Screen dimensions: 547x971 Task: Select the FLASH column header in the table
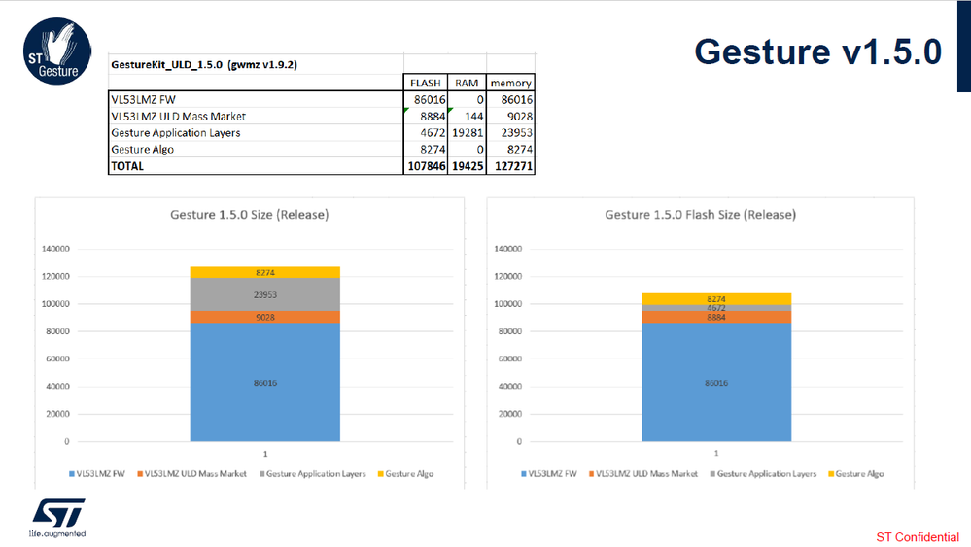click(x=426, y=83)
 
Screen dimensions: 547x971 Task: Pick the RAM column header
click(x=467, y=83)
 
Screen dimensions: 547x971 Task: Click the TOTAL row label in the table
click(x=127, y=165)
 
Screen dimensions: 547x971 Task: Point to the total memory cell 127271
click(x=511, y=165)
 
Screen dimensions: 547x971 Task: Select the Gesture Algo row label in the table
click(x=141, y=149)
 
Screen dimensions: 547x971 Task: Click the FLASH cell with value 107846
click(x=425, y=165)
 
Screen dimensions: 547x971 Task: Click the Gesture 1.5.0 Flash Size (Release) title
click(x=700, y=214)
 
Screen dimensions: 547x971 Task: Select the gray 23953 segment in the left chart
click(x=264, y=294)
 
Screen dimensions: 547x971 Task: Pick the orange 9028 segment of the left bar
click(x=264, y=316)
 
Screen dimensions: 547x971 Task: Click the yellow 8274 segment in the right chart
click(x=715, y=299)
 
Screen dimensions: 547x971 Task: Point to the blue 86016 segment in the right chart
click(x=715, y=382)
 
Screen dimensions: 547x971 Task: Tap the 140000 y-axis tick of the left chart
click(x=53, y=249)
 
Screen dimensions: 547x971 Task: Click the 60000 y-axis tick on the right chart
click(x=507, y=359)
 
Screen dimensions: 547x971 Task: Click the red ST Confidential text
click(x=917, y=537)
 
